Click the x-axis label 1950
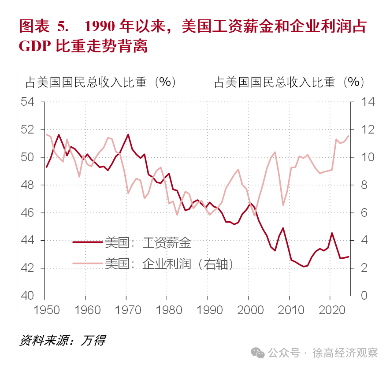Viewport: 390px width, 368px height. (x=45, y=310)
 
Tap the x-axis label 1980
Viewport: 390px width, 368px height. (x=167, y=310)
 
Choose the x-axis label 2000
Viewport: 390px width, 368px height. (x=249, y=310)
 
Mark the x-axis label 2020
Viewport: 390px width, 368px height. (x=331, y=310)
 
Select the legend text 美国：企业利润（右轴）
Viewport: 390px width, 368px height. (x=169, y=264)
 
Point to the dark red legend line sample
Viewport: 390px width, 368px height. (x=87, y=242)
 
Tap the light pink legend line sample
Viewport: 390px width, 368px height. (x=87, y=264)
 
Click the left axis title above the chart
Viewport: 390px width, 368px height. (x=100, y=82)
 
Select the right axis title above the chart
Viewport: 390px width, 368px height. (x=289, y=82)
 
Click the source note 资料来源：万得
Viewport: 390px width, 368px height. (x=62, y=340)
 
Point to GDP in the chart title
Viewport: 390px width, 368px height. (x=34, y=46)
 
